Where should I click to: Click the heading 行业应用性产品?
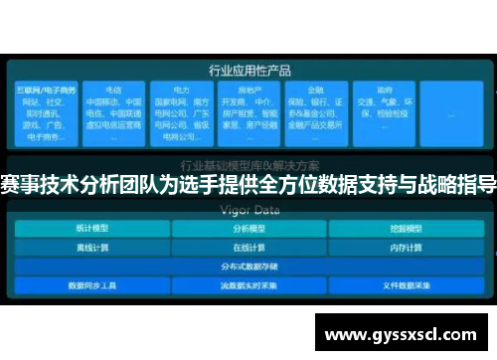click(248, 71)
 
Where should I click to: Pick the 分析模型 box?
click(248, 227)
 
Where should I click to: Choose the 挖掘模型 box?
click(403, 227)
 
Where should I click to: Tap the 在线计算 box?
click(248, 246)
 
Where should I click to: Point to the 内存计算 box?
click(403, 246)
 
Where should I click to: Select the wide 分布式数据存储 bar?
click(248, 265)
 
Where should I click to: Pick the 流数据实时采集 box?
click(248, 284)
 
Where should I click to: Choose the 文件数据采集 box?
click(403, 284)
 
